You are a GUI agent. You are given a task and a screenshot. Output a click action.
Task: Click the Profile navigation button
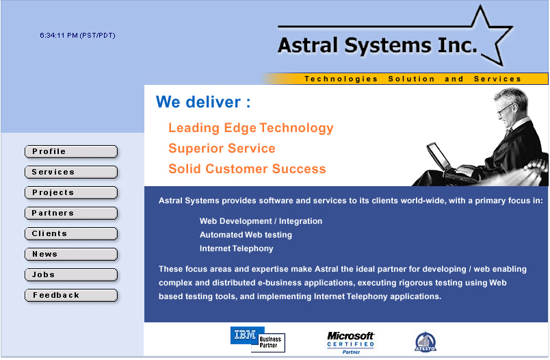point(71,151)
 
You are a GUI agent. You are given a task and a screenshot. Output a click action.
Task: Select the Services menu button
point(71,172)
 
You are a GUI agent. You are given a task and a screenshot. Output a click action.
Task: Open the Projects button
point(71,192)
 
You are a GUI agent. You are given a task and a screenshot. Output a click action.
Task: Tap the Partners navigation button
point(71,214)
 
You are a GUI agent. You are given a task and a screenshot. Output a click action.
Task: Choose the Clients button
point(71,233)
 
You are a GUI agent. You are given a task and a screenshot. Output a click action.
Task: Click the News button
point(71,255)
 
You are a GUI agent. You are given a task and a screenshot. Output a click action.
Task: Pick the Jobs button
point(71,274)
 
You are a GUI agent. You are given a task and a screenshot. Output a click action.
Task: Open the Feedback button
point(71,296)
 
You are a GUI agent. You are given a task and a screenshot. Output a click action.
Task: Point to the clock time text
point(77,36)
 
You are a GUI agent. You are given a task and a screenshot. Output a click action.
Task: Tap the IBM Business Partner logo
point(258,339)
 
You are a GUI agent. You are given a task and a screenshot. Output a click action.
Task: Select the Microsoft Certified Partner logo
point(350,342)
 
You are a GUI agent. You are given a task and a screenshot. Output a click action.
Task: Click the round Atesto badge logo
point(425,342)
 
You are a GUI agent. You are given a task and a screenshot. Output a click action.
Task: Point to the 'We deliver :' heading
point(203,102)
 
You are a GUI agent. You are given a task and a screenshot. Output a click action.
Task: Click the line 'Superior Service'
point(222,149)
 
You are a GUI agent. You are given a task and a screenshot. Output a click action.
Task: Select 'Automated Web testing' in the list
point(246,235)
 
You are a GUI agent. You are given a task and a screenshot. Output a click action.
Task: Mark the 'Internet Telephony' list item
point(237,248)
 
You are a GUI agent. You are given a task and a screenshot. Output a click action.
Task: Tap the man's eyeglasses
point(504,110)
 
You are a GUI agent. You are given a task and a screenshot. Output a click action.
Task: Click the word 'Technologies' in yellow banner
point(341,79)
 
